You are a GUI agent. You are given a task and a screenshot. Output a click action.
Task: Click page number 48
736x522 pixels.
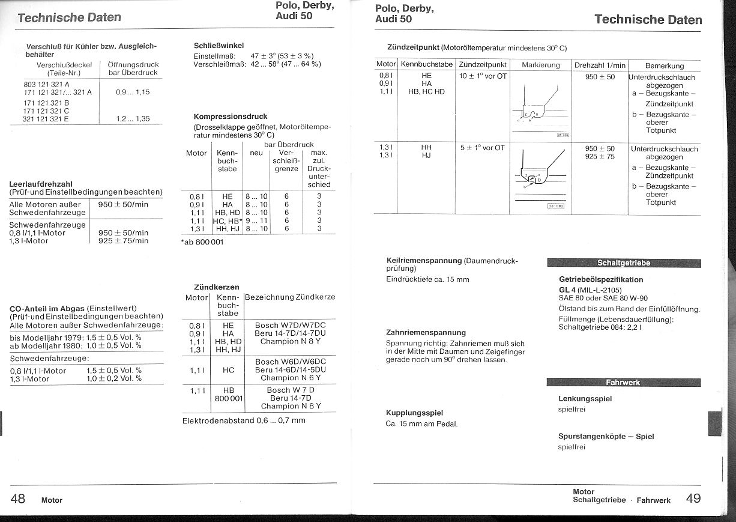[18, 499]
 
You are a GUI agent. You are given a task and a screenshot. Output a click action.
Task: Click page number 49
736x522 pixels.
[693, 499]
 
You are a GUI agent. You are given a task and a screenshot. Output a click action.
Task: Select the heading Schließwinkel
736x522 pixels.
[219, 45]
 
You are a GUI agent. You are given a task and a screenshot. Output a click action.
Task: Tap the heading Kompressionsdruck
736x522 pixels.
[231, 117]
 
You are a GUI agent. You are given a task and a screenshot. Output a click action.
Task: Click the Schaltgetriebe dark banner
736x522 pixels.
[623, 263]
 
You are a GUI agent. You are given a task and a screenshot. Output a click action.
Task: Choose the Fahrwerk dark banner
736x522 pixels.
[623, 383]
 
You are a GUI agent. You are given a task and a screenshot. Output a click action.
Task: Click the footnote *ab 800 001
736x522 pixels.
[202, 243]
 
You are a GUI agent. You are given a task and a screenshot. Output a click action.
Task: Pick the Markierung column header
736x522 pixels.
[540, 65]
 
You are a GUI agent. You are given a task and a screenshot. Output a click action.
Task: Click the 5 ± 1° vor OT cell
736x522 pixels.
[482, 148]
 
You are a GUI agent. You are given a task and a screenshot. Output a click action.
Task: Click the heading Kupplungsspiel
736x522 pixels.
[414, 413]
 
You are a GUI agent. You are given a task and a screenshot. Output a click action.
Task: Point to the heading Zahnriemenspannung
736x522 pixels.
[426, 332]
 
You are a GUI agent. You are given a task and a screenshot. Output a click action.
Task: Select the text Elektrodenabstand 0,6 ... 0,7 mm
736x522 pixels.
[244, 420]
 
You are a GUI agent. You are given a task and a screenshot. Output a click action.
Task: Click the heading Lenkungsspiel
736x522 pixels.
[585, 398]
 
